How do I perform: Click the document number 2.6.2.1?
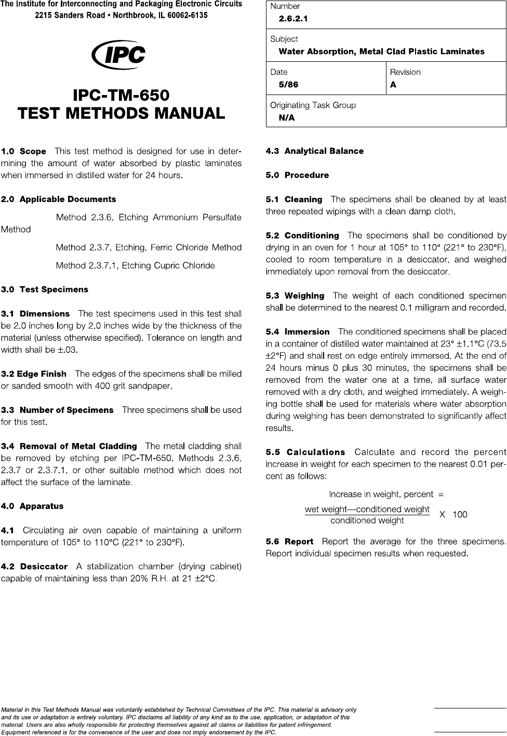click(x=293, y=19)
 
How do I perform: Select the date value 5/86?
click(x=288, y=85)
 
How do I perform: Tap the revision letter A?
click(x=393, y=85)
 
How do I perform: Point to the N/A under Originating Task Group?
click(x=286, y=118)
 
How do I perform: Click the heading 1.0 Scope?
click(x=24, y=152)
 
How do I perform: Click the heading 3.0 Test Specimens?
click(x=45, y=290)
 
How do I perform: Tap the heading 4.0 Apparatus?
click(x=32, y=506)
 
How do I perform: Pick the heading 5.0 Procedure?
click(x=297, y=176)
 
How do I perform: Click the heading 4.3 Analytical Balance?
click(x=314, y=151)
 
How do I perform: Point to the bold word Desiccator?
click(x=44, y=567)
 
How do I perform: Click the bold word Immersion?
click(x=307, y=332)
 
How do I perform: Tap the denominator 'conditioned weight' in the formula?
click(x=367, y=520)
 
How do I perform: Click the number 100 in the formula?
click(x=460, y=515)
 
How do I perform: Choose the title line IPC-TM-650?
click(x=121, y=96)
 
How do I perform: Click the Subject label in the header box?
click(x=284, y=39)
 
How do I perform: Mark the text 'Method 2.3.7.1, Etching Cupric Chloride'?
click(x=135, y=266)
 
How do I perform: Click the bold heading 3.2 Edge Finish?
click(x=34, y=374)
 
